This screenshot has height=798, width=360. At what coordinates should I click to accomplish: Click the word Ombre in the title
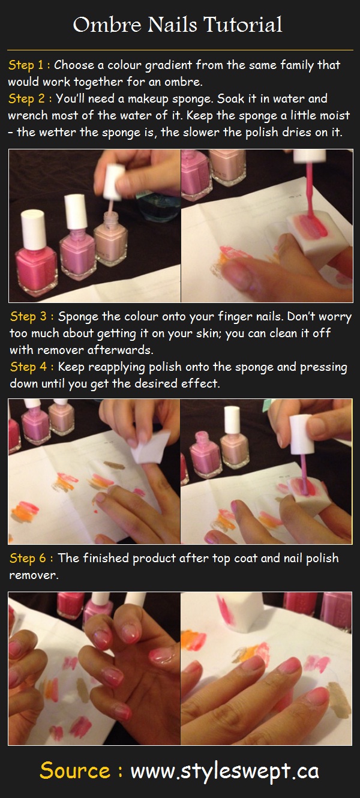(107, 25)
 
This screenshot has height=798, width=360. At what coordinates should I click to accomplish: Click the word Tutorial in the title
(243, 25)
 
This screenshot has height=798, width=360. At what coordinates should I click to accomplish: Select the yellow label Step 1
(26, 65)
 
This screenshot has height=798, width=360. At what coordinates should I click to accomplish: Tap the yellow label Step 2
(26, 98)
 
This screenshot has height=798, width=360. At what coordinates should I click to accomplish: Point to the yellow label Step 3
(28, 316)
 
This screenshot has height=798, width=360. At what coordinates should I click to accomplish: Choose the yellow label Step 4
(28, 367)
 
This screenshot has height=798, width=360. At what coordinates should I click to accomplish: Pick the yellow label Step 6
(28, 558)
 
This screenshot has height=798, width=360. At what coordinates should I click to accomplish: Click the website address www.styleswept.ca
(224, 771)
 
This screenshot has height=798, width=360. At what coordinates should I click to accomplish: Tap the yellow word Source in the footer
(75, 770)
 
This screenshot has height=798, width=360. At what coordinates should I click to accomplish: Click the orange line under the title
(180, 50)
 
